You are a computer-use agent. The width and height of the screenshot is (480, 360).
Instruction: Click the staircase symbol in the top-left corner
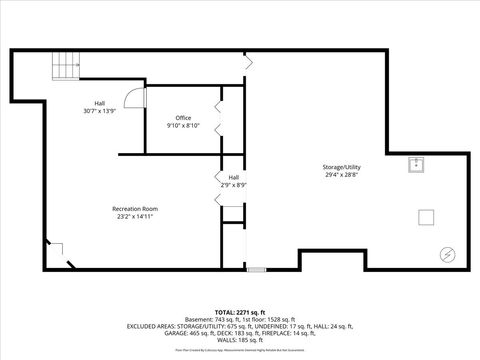click(66, 66)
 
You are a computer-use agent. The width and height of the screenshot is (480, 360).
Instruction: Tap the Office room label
click(183, 118)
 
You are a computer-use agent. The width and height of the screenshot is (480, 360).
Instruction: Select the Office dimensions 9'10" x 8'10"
click(183, 126)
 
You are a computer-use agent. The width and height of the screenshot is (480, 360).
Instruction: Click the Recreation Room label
click(135, 208)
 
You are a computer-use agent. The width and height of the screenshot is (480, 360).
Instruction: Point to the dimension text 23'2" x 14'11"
click(135, 216)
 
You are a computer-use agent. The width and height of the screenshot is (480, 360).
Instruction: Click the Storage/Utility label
click(341, 166)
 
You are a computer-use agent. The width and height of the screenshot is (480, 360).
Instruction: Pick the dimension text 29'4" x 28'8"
click(341, 174)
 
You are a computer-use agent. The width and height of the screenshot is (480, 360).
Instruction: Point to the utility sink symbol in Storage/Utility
click(416, 165)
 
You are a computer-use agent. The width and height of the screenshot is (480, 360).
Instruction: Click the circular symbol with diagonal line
click(447, 253)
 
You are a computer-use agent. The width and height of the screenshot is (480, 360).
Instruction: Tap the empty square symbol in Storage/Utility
click(427, 216)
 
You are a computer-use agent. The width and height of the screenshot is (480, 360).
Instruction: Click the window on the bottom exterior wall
click(257, 269)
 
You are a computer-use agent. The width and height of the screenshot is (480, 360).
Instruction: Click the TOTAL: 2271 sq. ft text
click(240, 312)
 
